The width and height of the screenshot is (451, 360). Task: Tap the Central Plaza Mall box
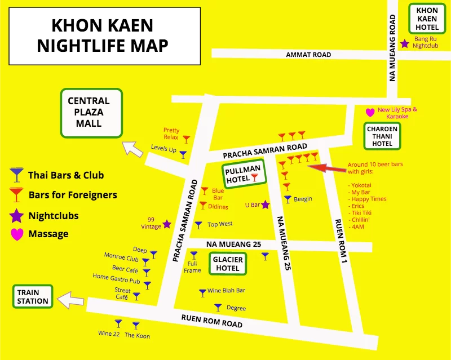[91, 112]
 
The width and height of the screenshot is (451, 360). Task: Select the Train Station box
[33, 297]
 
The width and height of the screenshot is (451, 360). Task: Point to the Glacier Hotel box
[228, 264]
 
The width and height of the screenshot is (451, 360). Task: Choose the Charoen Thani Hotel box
[382, 136]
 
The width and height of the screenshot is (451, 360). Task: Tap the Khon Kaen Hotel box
[427, 19]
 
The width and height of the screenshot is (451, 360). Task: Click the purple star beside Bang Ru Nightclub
[404, 43]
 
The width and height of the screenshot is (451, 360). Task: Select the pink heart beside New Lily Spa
[370, 112]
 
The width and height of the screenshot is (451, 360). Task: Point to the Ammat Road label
[308, 55]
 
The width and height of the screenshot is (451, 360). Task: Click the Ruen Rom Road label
[211, 321]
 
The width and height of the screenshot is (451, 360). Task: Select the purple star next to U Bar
[265, 205]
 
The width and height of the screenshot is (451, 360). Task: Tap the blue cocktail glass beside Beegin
[288, 199]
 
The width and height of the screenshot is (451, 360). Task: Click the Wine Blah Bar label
[226, 291]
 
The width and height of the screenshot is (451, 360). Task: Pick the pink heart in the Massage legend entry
[17, 233]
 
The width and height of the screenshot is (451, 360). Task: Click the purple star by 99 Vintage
[166, 224]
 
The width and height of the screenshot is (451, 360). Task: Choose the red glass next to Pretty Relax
[187, 139]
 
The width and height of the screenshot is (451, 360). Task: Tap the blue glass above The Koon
[135, 325]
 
